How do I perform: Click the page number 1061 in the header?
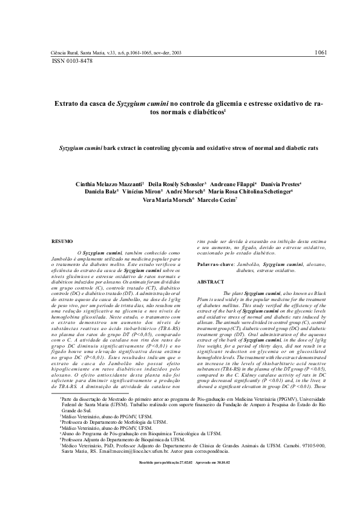click(321, 53)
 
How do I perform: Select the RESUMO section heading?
click(63, 241)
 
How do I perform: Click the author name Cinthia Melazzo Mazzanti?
click(108, 183)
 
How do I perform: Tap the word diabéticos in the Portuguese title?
click(203, 112)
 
